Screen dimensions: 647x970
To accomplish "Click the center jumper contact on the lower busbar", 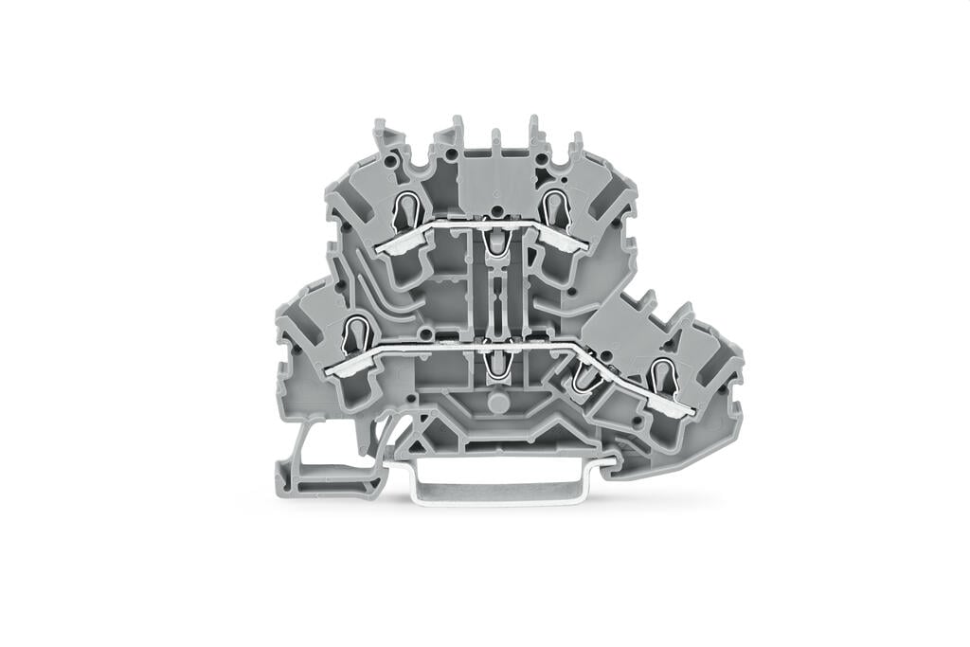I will (493, 362).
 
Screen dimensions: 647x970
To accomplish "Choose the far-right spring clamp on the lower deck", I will (663, 376).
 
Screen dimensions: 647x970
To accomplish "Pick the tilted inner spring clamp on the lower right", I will (587, 378).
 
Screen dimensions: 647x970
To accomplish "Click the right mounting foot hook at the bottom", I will (625, 464).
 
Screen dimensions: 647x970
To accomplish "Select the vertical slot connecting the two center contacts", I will (494, 303).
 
